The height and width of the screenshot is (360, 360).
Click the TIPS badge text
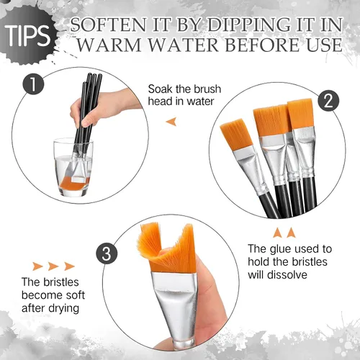click(x=27, y=35)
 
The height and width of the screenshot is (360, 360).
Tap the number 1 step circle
click(x=33, y=84)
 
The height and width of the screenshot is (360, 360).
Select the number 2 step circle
click(x=328, y=101)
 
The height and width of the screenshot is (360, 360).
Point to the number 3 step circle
click(x=107, y=254)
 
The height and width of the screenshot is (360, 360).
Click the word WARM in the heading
click(x=109, y=45)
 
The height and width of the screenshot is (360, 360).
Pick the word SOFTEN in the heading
click(x=108, y=24)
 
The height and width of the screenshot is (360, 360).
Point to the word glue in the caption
click(x=281, y=250)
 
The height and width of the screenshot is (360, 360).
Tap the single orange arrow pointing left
click(x=171, y=122)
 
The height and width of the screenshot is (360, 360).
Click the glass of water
click(x=73, y=167)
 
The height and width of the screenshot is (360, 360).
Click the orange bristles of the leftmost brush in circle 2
click(x=235, y=135)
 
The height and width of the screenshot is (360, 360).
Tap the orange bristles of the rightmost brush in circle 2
click(x=300, y=114)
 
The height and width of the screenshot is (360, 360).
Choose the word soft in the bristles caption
click(x=76, y=295)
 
